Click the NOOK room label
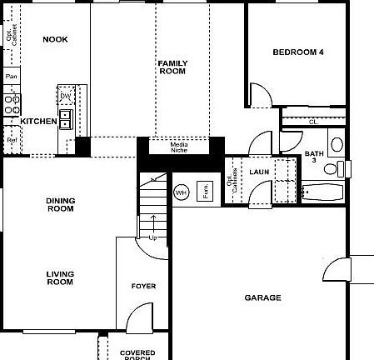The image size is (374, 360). coord(56,39)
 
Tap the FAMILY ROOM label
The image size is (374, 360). coord(172,67)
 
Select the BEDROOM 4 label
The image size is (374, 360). coord(298,52)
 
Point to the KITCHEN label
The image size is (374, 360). coord(38,122)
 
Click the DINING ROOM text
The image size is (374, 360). coord(60,204)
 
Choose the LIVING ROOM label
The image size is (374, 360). coord(60,277)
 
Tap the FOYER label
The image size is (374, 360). coord(143,287)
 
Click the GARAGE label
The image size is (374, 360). coord(262,297)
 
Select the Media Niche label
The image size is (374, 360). coord(179,147)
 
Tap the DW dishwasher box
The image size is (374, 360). coord(65,97)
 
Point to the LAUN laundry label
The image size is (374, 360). coord(258,172)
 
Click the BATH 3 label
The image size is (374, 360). coord(314,157)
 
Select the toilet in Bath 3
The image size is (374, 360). coord(332,169)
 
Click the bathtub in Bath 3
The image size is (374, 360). coord(322,194)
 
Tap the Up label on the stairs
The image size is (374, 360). coord(152,237)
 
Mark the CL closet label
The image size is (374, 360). coord(313,122)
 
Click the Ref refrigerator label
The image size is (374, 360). coord(12,141)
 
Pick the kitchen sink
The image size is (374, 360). coord(65,118)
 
